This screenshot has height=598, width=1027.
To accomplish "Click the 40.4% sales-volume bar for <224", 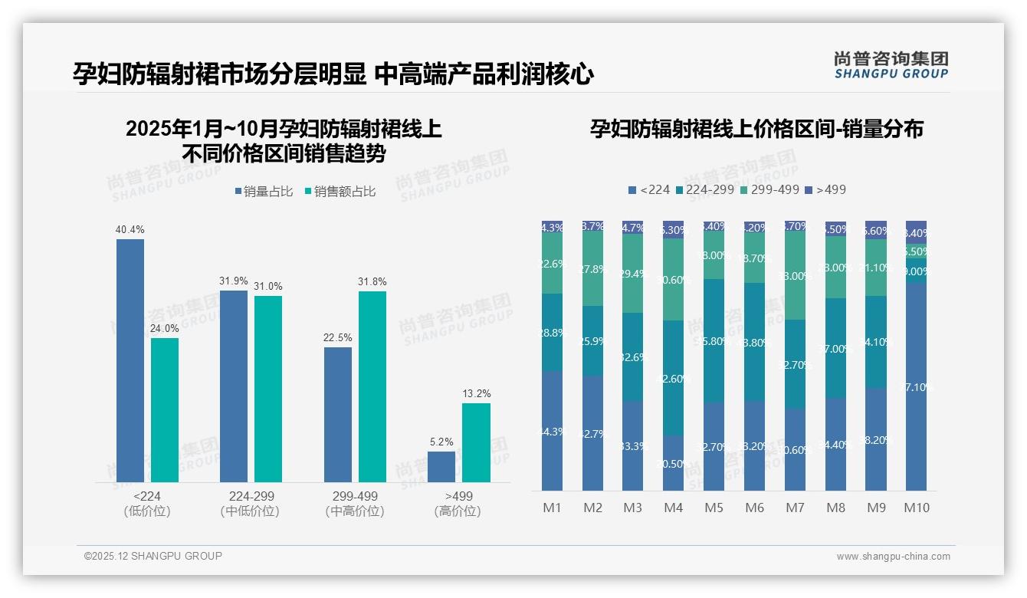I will tap(130, 360).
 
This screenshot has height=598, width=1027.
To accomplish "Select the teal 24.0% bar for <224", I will tap(165, 410).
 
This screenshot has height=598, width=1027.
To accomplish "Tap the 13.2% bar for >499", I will tap(476, 442).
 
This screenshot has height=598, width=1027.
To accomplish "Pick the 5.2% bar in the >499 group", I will tap(441, 466).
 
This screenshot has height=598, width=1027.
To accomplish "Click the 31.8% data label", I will tap(372, 282).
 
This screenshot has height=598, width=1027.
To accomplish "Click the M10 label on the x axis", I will tap(916, 508).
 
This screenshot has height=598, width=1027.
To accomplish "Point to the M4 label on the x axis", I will tap(673, 508).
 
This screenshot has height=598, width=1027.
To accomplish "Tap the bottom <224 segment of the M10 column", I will tap(916, 387).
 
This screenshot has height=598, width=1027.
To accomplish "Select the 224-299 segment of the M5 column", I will tap(714, 341).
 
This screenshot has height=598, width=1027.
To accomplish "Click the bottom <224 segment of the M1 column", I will tap(552, 431).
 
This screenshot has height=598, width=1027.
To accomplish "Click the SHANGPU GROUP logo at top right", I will tap(891, 65).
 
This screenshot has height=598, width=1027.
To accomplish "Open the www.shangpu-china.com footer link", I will tap(893, 557).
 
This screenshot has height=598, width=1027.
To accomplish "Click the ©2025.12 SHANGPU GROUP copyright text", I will tap(153, 556).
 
